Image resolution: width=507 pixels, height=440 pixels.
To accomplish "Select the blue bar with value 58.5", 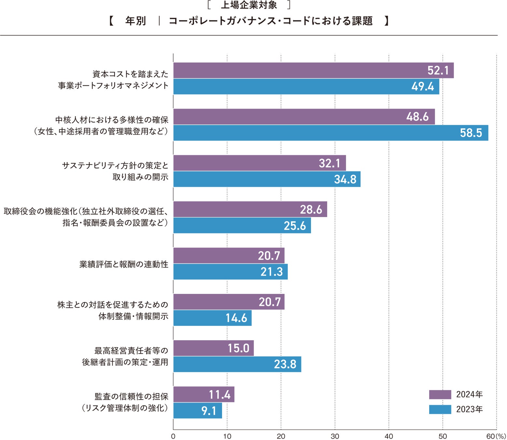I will coord(331,133).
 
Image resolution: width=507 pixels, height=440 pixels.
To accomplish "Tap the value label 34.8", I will coord(345,179).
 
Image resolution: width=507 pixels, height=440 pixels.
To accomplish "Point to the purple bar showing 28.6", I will coord(250,209).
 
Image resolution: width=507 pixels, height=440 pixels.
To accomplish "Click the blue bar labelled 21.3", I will coord(230,272).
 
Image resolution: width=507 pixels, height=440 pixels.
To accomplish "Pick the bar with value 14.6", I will coord(212,318).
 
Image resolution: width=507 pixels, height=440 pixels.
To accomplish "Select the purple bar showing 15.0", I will coord(213,348).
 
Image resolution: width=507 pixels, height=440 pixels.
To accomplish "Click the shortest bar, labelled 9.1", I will coord(197,411).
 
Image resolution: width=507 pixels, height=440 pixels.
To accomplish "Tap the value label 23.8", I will coord(285,364).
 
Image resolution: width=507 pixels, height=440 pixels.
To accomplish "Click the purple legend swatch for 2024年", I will coord(440,394).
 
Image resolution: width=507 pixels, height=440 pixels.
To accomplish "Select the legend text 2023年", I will coord(469,409).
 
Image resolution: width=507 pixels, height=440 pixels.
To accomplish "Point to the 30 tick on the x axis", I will coord(335,436).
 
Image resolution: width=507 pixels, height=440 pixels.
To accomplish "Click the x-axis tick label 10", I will coord(227,436).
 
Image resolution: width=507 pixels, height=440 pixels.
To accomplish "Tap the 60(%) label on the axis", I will coord(496,436).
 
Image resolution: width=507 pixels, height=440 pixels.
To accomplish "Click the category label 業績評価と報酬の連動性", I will coord(124,264).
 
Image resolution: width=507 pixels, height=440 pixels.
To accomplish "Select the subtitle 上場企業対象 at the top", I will coord(249,5).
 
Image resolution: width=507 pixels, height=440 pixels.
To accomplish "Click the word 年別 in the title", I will coord(135,21).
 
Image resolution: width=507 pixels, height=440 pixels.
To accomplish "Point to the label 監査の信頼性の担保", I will coord(131,396).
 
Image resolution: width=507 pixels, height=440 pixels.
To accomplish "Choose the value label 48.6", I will coord(417,117).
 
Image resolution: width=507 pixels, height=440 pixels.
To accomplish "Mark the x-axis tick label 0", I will coord(173,436).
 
